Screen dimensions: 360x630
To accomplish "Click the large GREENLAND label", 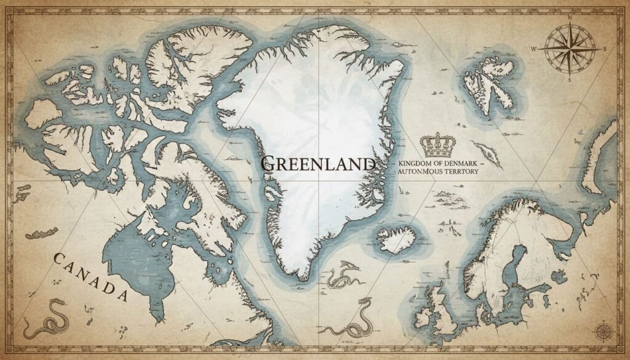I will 317,164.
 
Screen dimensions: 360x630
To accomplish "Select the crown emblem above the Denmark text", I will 437,145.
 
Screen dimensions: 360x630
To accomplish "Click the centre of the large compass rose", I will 570,49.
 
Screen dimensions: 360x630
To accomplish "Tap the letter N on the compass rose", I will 570,18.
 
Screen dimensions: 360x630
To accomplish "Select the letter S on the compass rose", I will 570,79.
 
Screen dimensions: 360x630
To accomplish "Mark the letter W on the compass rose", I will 535,49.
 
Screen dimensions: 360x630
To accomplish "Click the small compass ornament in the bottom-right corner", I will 602,332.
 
